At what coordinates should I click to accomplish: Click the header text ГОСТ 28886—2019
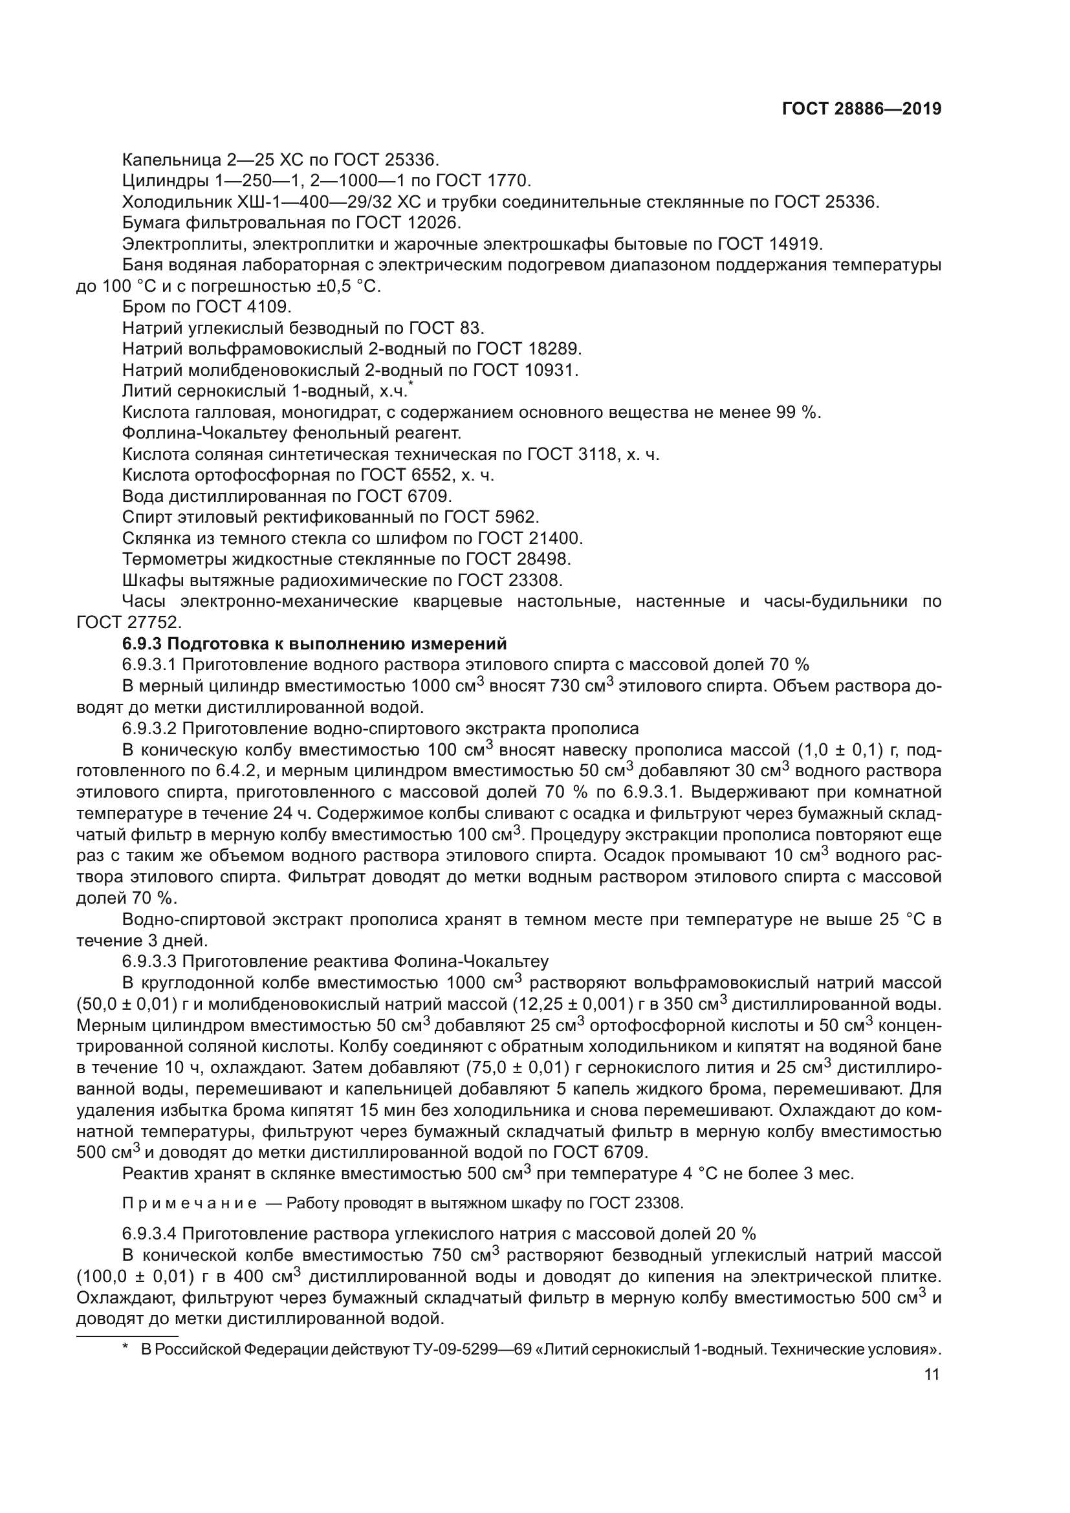click(861, 109)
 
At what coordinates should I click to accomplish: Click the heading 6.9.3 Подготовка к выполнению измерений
click(314, 644)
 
